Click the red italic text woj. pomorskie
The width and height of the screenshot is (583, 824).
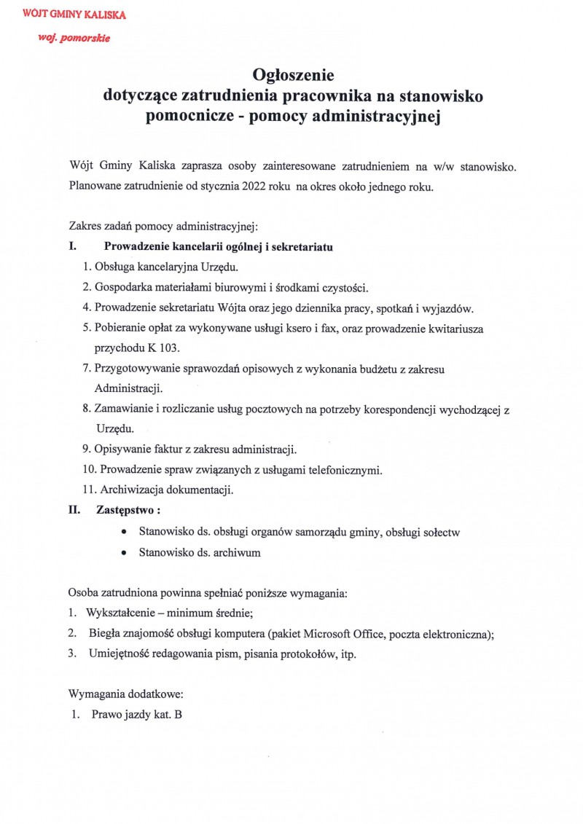(74, 38)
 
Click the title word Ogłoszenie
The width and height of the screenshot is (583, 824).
(292, 74)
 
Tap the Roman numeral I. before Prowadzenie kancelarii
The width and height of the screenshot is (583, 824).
(73, 247)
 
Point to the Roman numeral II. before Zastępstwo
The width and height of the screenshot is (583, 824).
(74, 510)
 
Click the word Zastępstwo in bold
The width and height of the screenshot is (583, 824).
(125, 510)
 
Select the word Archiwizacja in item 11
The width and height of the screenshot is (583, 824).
(130, 490)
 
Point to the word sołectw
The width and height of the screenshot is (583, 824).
(440, 533)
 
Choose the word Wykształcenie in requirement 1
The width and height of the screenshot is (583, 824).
(120, 613)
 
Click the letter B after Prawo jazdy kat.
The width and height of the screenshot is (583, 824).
(178, 715)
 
